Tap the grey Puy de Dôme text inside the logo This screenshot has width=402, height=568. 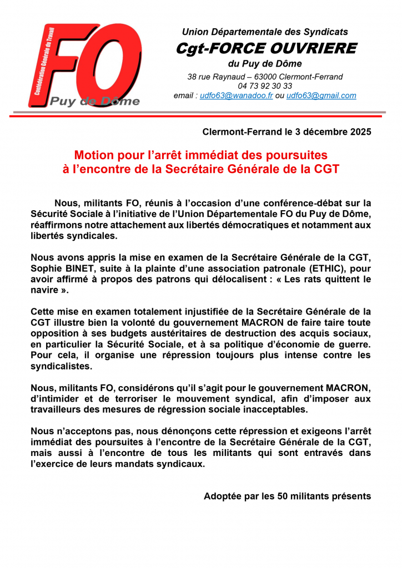[x=95, y=101]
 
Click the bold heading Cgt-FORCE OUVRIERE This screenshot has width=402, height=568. [x=266, y=48]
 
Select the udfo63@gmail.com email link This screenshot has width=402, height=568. [x=321, y=95]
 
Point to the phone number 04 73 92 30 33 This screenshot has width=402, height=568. [x=265, y=86]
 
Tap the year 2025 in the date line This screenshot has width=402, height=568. [x=358, y=132]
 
